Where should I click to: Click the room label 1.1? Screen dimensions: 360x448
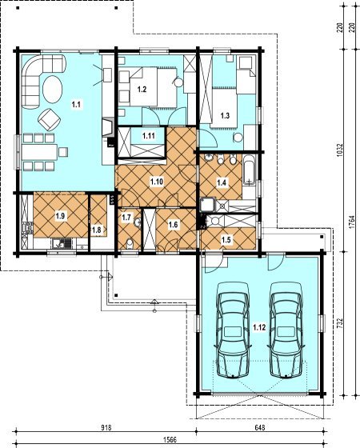click(76, 105)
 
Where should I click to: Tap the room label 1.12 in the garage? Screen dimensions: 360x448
click(259, 327)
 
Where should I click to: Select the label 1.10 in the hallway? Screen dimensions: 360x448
click(157, 182)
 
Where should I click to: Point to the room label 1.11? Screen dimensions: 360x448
click(149, 136)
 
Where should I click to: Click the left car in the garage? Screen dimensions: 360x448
click(233, 330)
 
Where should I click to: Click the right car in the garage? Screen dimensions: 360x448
click(286, 330)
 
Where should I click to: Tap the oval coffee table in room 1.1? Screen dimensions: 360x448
click(52, 89)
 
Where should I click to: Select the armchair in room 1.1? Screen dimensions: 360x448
click(50, 119)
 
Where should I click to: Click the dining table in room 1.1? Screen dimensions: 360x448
click(40, 152)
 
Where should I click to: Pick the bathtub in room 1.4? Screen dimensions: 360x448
click(250, 170)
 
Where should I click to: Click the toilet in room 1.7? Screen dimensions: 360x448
click(130, 243)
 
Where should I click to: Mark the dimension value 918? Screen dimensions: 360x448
click(106, 427)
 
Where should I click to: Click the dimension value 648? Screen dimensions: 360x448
click(260, 427)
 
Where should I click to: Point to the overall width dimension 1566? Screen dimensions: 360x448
click(170, 439)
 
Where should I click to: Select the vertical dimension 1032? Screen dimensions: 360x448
click(339, 150)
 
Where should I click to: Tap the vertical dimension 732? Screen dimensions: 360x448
click(339, 323)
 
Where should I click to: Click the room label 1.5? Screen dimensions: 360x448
click(226, 239)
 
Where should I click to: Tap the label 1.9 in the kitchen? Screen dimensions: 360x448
click(60, 216)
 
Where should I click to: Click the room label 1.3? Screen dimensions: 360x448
click(225, 116)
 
